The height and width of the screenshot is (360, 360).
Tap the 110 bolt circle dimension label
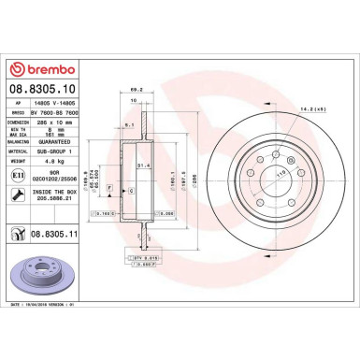point(277,174)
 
